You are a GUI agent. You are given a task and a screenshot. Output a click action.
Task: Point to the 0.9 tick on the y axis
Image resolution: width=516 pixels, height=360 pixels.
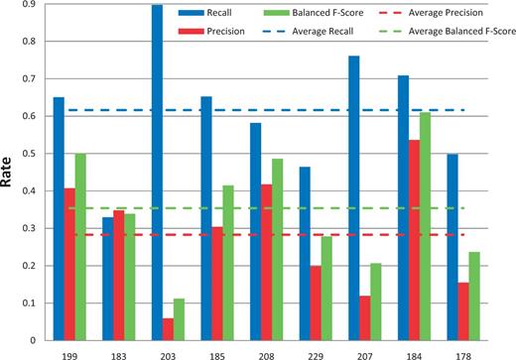(30, 5)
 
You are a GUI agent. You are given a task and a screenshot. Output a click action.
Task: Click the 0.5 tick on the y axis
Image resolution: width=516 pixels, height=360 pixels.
(30, 154)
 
